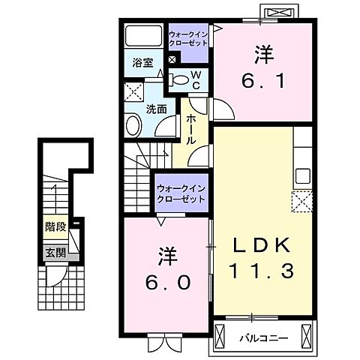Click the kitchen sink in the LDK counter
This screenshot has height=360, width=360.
[303, 177]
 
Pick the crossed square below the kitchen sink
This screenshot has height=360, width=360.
[303, 202]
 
